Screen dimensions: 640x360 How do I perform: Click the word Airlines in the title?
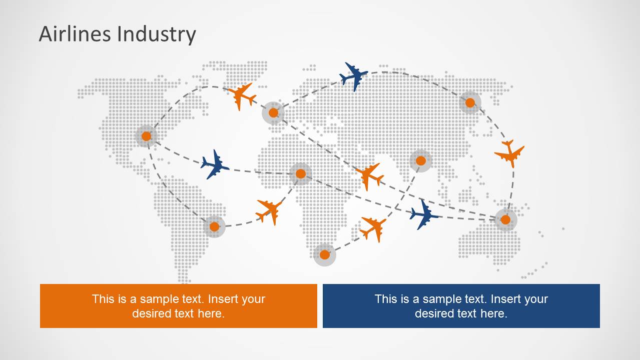75,34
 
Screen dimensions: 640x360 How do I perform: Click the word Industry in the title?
157,34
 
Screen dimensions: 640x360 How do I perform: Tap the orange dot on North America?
146,136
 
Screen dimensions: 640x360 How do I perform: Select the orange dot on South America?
214,226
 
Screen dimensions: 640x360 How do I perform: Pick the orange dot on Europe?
273,113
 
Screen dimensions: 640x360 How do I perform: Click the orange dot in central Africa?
301,173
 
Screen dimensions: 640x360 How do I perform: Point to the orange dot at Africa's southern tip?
325,254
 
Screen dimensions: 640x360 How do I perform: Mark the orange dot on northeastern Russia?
470,103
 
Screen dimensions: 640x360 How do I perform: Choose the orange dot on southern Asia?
420,160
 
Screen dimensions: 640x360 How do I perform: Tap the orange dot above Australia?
505,219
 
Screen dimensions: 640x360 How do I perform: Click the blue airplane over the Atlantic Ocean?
215,164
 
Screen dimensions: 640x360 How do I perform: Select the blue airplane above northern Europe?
354,76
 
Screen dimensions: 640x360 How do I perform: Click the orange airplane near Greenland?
242,96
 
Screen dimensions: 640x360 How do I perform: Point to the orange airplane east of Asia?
509,153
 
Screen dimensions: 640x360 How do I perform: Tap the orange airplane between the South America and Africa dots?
269,212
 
